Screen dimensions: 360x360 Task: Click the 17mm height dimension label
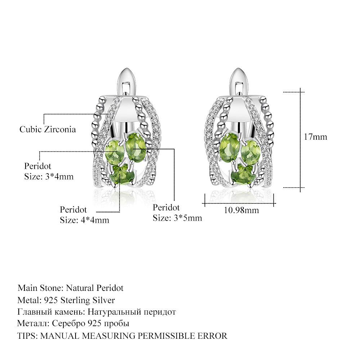[x=315, y=137]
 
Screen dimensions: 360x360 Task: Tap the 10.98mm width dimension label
[x=241, y=210]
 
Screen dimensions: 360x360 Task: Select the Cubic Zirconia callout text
[x=48, y=129]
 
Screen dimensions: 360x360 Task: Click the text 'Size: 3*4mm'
[x=49, y=176]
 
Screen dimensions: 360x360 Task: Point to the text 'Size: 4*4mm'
[x=84, y=220]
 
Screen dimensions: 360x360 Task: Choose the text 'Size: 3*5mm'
[x=177, y=218]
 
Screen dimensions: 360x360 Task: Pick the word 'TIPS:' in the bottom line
[x=28, y=336]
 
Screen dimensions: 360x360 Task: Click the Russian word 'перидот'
[x=158, y=312]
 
